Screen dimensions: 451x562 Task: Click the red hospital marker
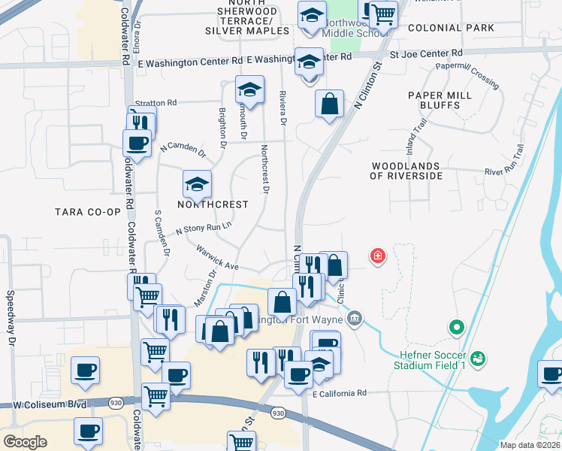377,257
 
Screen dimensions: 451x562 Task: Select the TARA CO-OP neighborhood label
88,212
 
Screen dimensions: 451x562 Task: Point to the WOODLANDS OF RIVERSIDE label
406,171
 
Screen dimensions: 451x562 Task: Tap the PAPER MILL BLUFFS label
440,100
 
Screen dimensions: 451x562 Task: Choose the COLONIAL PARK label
451,28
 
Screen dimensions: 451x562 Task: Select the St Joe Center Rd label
426,54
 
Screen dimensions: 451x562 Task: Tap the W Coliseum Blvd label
47,404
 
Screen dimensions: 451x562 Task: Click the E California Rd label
339,393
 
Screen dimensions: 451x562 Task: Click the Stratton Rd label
156,102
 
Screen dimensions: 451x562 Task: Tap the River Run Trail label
503,172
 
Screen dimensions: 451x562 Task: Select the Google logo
25,441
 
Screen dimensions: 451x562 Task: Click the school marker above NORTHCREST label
197,183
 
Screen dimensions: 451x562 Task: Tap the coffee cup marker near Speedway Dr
85,371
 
